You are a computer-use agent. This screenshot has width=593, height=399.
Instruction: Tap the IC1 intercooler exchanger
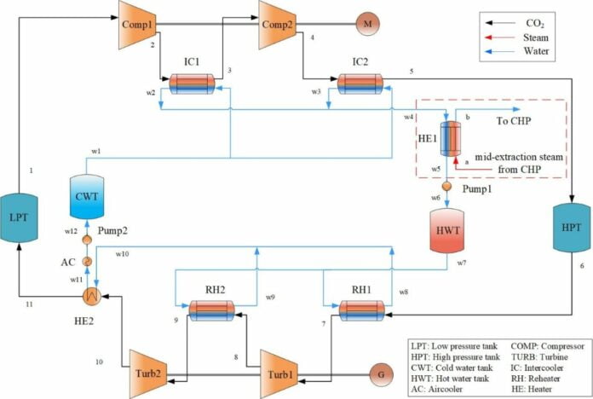tap(196, 84)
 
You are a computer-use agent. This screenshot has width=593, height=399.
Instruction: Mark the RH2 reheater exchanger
tap(212, 310)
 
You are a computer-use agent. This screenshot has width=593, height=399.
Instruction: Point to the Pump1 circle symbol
tap(446, 184)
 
